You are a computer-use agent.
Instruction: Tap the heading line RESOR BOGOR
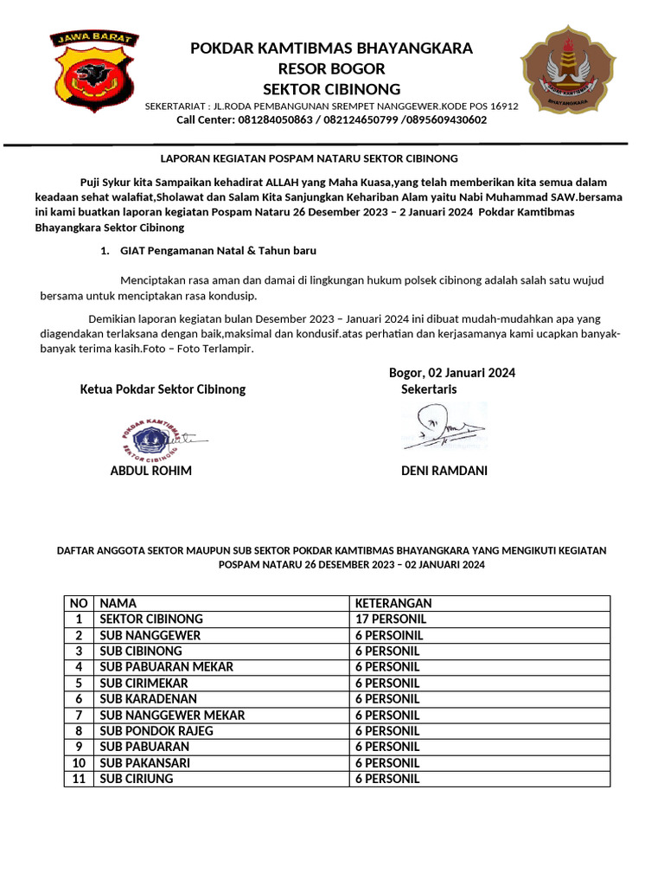(332, 68)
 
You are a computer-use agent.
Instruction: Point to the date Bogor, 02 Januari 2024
(451, 373)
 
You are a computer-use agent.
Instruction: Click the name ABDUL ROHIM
(150, 471)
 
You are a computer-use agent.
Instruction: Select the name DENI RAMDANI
(444, 471)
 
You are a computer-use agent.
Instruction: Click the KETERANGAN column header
(393, 603)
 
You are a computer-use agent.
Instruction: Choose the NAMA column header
(118, 603)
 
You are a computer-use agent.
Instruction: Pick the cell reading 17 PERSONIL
(390, 619)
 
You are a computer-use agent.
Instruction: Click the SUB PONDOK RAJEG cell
(156, 730)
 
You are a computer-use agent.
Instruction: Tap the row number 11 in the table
(79, 778)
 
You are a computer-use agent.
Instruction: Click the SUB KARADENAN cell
(148, 698)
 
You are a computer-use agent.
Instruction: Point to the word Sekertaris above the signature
(429, 389)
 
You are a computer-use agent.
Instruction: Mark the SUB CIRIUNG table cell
(137, 778)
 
